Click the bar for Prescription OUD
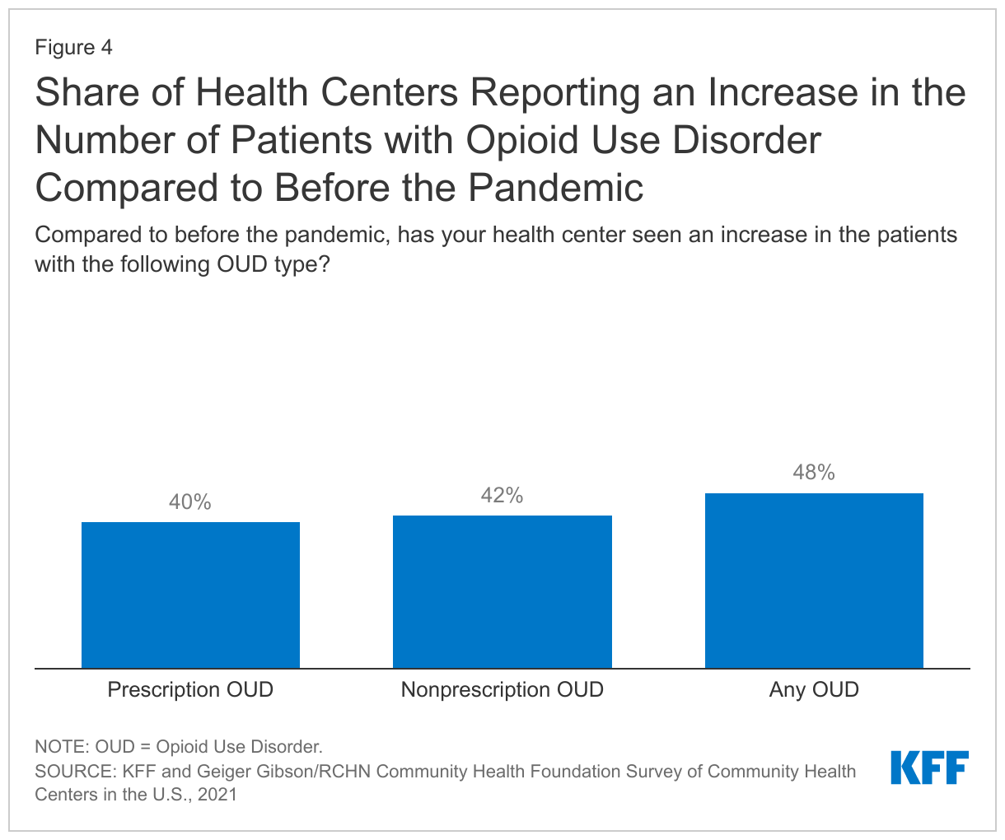pyautogui.click(x=190, y=595)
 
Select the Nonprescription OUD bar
pyautogui.click(x=502, y=591)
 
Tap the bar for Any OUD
pyautogui.click(x=814, y=581)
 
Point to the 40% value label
pyautogui.click(x=190, y=502)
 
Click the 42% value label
pyautogui.click(x=502, y=496)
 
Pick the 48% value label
pyautogui.click(x=814, y=473)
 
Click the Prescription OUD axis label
pyautogui.click(x=190, y=689)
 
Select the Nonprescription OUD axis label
pyautogui.click(x=502, y=689)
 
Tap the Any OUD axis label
pyautogui.click(x=814, y=689)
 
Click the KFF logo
pyautogui.click(x=929, y=768)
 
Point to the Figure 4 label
pyautogui.click(x=73, y=48)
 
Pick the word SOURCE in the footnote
pyautogui.click(x=73, y=772)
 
